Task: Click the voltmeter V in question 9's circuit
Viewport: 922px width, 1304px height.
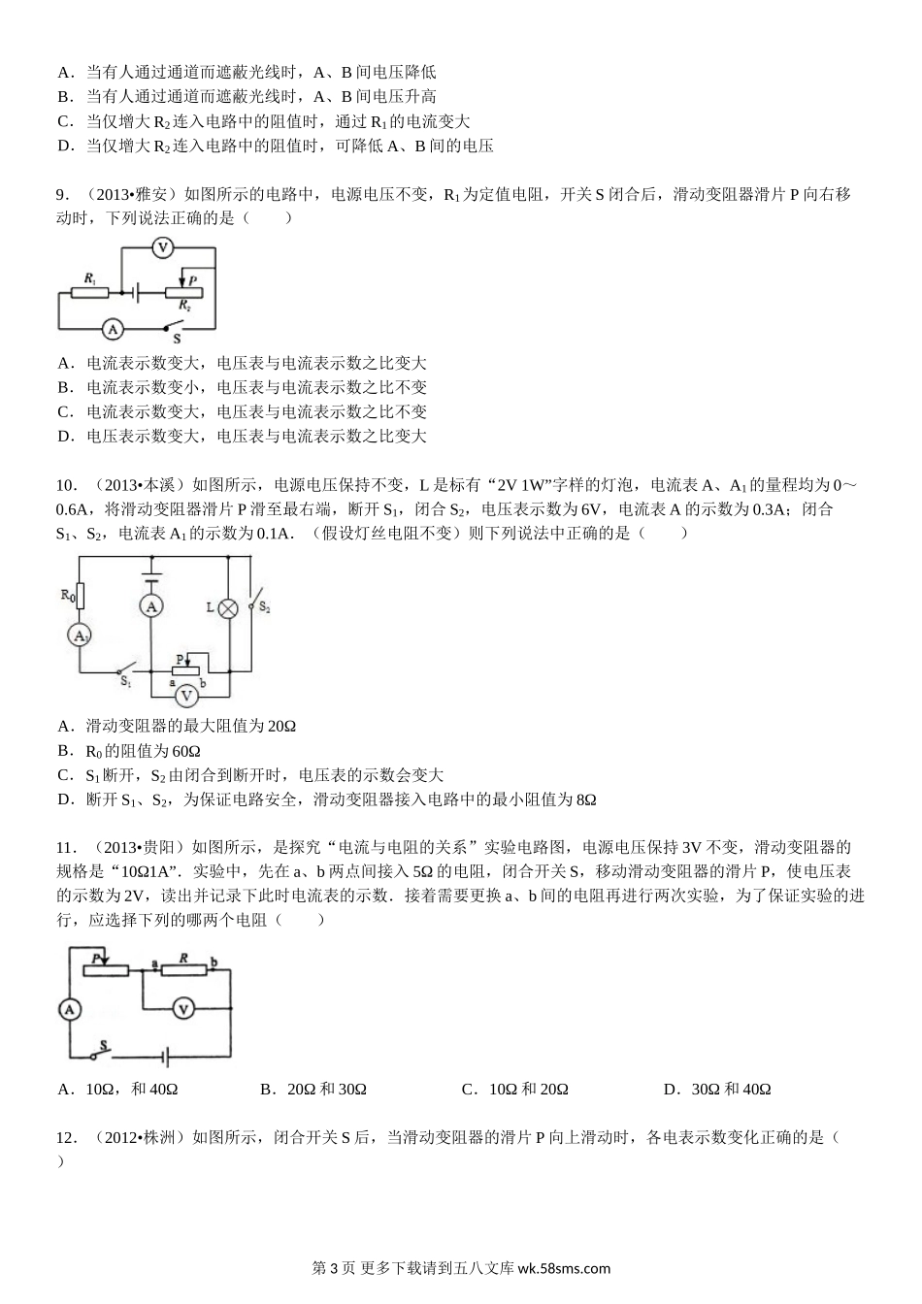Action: click(x=163, y=248)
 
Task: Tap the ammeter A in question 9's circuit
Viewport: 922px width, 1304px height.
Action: click(x=113, y=329)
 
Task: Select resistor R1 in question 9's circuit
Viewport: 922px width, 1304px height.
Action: click(x=89, y=290)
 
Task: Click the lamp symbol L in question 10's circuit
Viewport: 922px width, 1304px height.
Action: click(x=228, y=607)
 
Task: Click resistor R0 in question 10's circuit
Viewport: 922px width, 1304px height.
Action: click(x=80, y=595)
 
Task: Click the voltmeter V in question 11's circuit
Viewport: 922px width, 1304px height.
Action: click(x=183, y=1009)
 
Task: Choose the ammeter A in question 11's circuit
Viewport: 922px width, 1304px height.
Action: click(x=69, y=1009)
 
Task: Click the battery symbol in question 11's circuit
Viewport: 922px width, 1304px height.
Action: click(x=167, y=1056)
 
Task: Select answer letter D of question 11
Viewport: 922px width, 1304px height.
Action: click(x=669, y=1090)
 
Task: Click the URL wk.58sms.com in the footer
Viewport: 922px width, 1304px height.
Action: click(x=565, y=1268)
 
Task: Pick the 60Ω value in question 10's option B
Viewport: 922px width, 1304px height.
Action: click(x=184, y=751)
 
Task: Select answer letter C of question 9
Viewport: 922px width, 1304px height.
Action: click(x=64, y=412)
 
